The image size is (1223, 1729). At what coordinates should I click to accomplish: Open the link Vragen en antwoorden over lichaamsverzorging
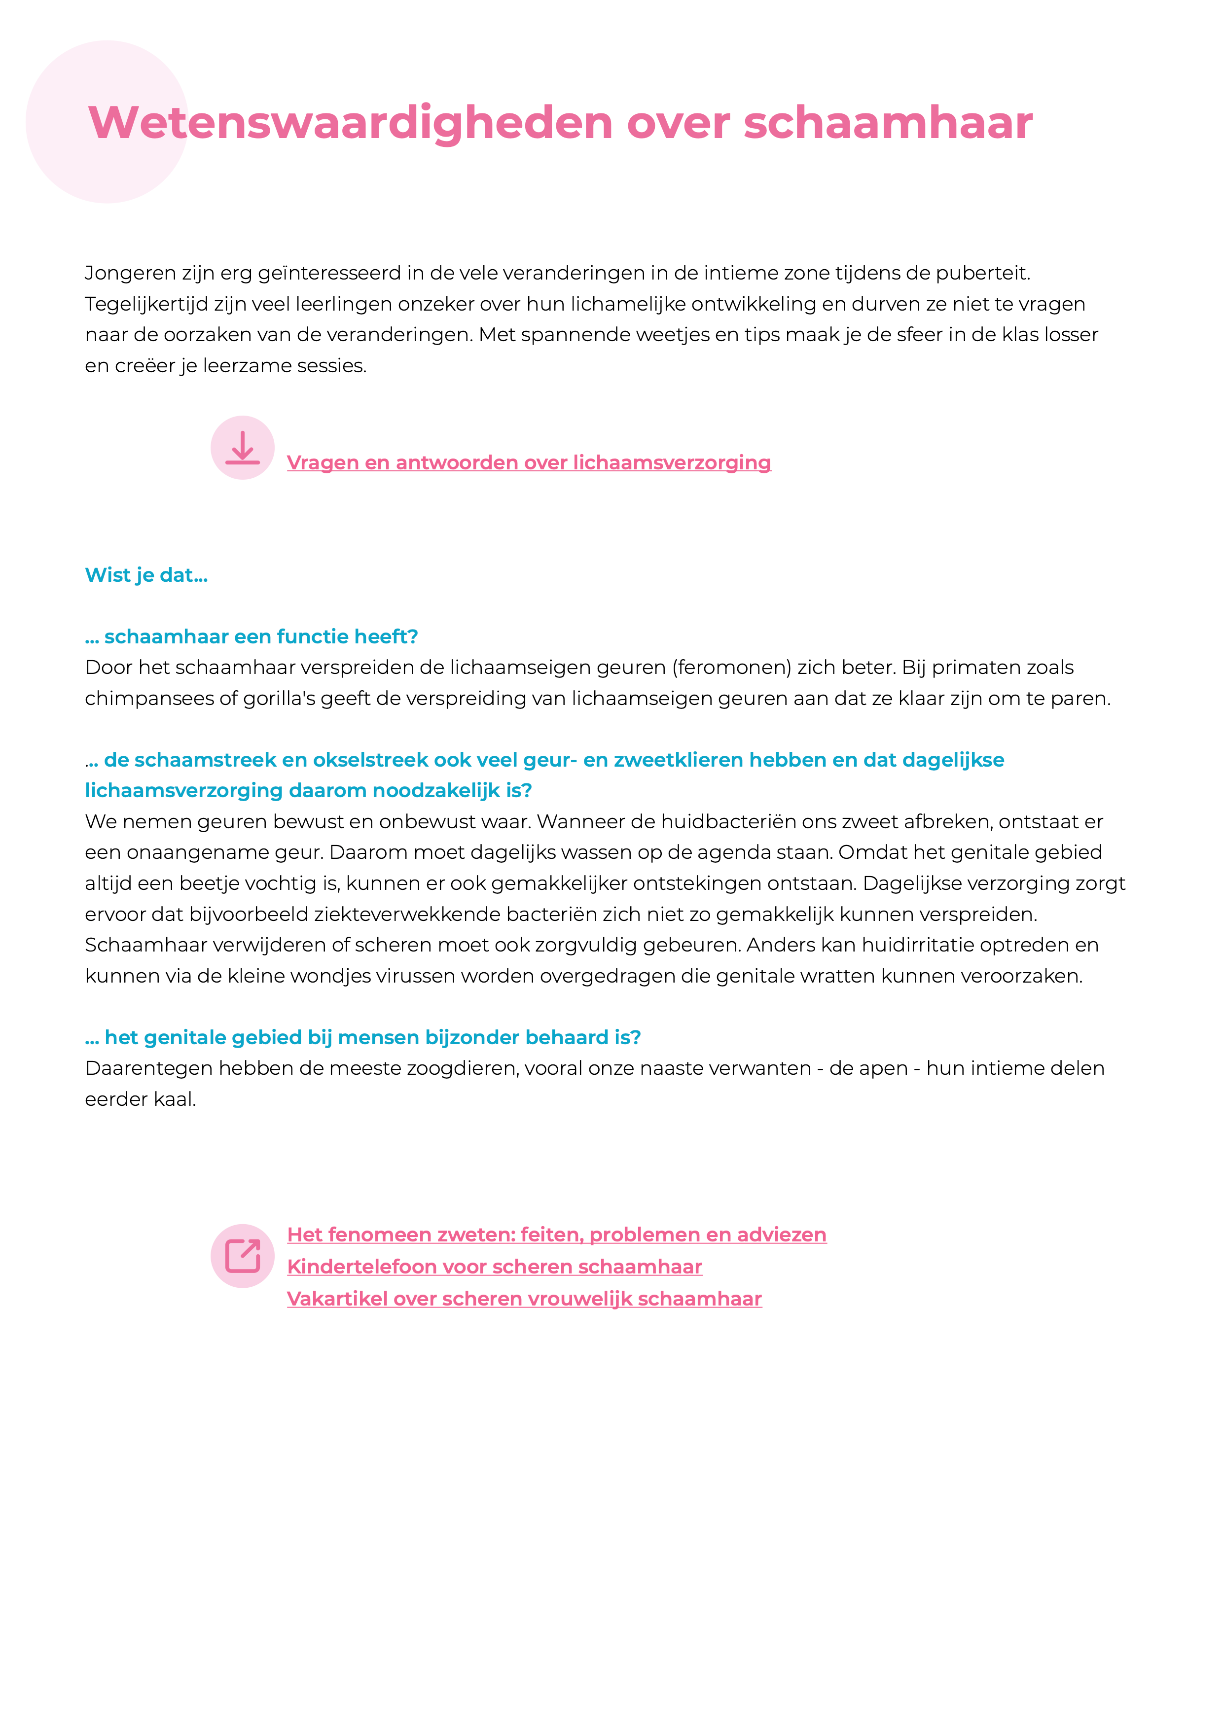point(529,462)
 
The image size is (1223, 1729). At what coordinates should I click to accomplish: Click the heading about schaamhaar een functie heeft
point(252,637)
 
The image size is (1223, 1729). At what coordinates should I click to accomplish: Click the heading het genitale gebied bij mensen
point(363,1038)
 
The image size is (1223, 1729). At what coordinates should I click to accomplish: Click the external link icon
point(243,1255)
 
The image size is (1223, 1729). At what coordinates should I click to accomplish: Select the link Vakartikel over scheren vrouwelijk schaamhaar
point(524,1299)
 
